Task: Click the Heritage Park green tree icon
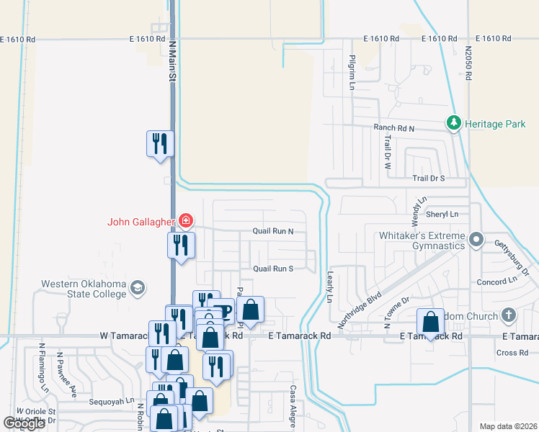click(454, 124)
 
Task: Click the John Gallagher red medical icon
click(186, 220)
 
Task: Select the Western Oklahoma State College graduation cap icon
click(136, 289)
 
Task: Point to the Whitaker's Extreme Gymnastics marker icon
click(476, 239)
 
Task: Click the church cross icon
click(509, 315)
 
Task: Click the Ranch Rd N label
click(393, 127)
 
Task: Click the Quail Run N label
click(273, 232)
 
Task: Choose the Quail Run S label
click(272, 269)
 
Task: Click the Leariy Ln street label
click(331, 288)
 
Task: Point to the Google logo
click(24, 423)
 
